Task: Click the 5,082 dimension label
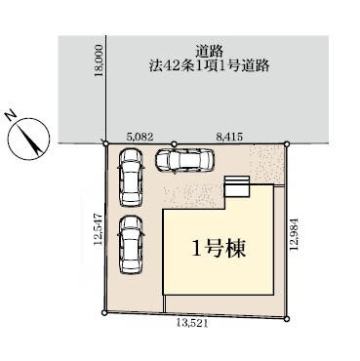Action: coord(140,137)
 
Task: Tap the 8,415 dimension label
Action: coord(229,137)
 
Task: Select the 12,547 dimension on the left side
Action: coord(99,229)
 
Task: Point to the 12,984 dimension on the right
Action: coord(295,234)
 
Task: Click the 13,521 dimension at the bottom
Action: coord(192,323)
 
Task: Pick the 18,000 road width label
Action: coord(99,61)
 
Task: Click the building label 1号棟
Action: coord(219,249)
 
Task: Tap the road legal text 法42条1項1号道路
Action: coord(210,66)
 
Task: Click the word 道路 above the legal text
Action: coord(209,52)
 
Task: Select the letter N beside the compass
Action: coord(11,116)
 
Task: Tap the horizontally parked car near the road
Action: coord(184,160)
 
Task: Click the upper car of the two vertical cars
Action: coord(131,178)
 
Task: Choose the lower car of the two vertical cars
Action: coord(131,245)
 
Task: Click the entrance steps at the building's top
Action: coord(237,186)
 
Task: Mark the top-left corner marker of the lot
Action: coord(105,143)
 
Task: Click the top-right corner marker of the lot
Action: coord(287,143)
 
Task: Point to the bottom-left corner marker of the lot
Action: coord(104,313)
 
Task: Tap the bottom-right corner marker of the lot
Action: coord(286,319)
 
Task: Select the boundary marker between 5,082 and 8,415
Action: coord(174,143)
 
